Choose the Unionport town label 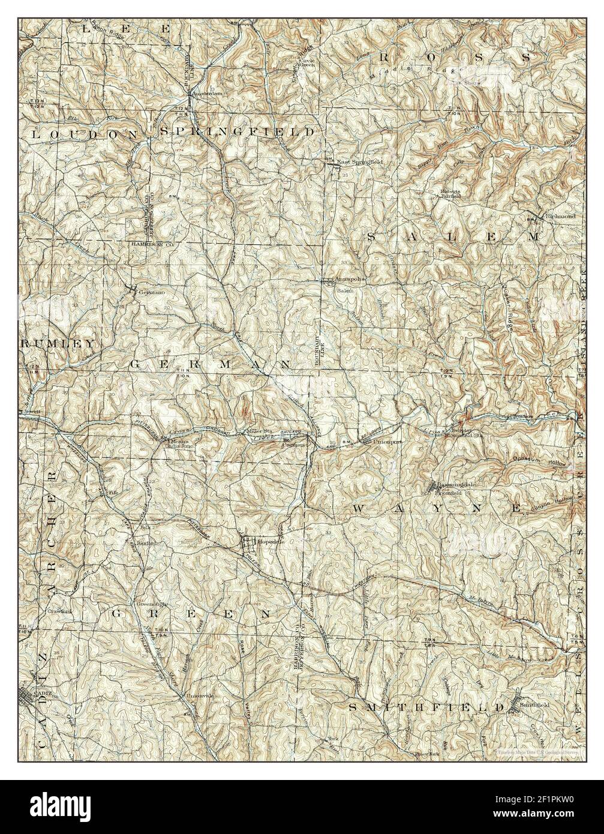[x=387, y=442]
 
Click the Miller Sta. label [x=258, y=431]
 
